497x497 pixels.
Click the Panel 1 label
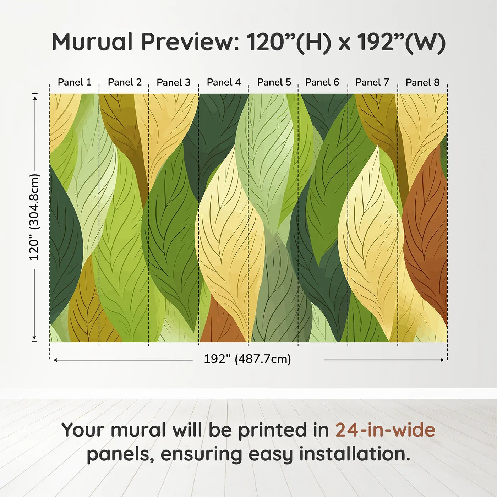point(75,82)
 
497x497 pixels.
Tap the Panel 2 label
point(125,82)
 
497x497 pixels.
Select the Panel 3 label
point(174,82)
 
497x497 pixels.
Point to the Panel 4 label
point(224,82)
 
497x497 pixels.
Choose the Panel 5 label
point(274,82)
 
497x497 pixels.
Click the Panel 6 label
point(322,82)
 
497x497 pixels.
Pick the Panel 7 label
point(372,82)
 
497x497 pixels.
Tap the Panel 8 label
point(422,82)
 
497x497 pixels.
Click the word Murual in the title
point(92,42)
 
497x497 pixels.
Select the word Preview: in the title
point(190,42)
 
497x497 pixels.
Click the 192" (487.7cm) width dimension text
point(247,359)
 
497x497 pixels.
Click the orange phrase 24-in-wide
point(385,430)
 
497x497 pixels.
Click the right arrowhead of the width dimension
point(442,360)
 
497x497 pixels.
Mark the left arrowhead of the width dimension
point(55,360)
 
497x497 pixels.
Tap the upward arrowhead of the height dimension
point(35,98)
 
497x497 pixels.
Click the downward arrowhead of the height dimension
point(34,338)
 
